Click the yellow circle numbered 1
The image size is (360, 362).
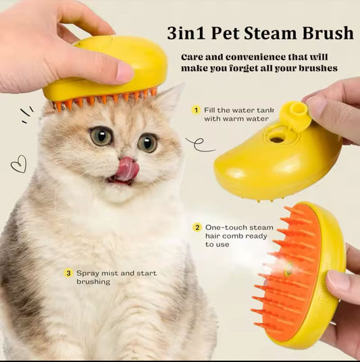(196, 110)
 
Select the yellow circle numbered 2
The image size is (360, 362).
(197, 228)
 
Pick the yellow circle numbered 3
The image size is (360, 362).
(68, 274)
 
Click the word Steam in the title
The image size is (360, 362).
(269, 33)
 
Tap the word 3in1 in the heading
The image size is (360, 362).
(186, 33)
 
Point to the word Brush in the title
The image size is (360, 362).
(328, 33)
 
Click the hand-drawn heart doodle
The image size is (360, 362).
(19, 164)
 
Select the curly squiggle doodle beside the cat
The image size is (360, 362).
(199, 145)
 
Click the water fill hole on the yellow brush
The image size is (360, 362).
(277, 139)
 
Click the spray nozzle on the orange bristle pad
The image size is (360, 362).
(288, 269)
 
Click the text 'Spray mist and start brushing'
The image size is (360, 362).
(117, 278)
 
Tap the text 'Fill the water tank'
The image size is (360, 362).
(239, 110)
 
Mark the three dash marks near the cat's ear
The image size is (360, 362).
(27, 114)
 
